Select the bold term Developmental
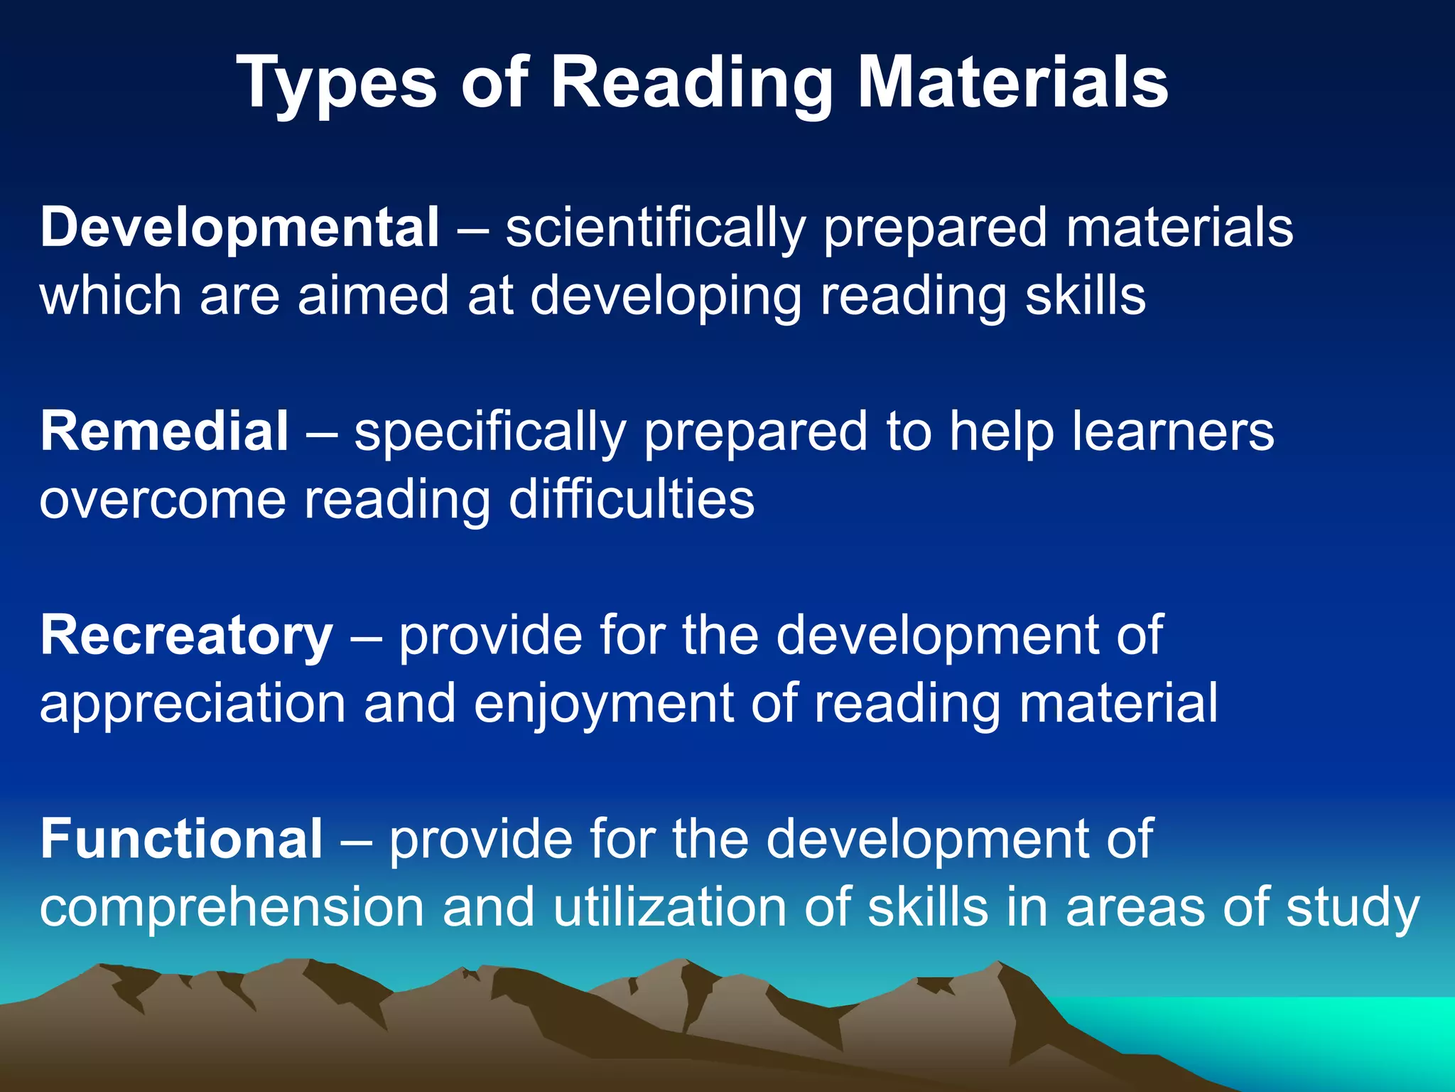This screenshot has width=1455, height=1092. click(240, 227)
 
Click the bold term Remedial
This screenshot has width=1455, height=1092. click(164, 432)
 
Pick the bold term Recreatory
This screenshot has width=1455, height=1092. click(186, 635)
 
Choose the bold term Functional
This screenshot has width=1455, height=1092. click(181, 839)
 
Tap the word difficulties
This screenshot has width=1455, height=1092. click(632, 499)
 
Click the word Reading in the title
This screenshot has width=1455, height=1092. click(691, 84)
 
